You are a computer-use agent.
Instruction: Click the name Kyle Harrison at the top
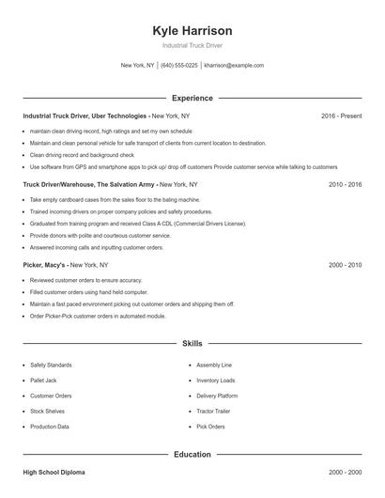coord(192,30)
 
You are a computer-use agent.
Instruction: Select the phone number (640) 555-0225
coord(178,66)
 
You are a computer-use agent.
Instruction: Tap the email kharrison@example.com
coord(234,66)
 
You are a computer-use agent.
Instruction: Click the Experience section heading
coord(192,98)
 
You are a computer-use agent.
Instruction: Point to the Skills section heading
coord(192,344)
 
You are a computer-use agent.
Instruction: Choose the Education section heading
coord(192,455)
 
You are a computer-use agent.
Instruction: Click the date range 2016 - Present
coord(341,116)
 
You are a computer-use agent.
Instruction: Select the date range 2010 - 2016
coord(345,185)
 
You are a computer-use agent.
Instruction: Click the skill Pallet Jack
coord(44,380)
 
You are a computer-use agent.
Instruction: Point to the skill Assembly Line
coord(214,365)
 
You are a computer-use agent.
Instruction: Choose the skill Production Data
coord(50,427)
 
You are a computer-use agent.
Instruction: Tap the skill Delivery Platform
coord(217,396)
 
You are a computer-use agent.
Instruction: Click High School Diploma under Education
coord(55,473)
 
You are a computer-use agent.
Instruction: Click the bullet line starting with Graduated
coord(137,225)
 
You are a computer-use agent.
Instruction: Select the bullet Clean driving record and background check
coord(82,154)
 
